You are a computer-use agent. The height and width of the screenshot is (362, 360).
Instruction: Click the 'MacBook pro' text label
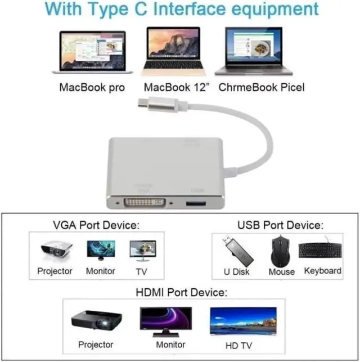(92, 87)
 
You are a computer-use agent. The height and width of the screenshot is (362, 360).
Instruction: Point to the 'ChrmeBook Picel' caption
(261, 87)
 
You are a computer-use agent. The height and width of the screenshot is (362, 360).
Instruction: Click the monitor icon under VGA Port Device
(101, 250)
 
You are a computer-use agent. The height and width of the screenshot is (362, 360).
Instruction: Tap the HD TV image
(243, 321)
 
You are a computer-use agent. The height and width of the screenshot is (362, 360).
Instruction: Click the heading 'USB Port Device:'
(280, 226)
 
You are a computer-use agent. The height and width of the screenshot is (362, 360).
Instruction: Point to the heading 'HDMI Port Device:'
(181, 293)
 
